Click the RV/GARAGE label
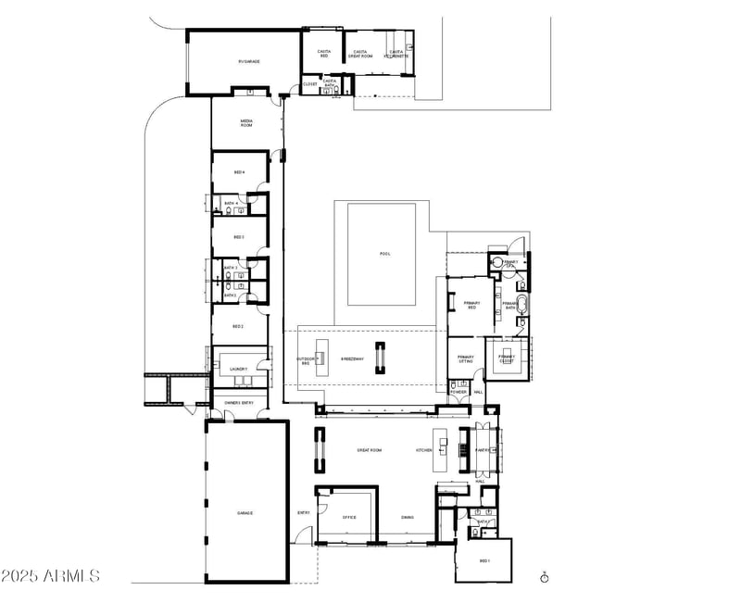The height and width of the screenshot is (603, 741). [x=248, y=61]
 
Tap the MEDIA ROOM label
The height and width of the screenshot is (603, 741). [x=247, y=121]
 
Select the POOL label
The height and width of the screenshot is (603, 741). [x=385, y=254]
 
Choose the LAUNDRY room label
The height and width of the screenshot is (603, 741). [x=238, y=370]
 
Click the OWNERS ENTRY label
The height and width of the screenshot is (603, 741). [x=239, y=402]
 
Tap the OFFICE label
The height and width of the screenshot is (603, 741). [x=349, y=518]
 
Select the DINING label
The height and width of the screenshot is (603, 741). [x=408, y=518]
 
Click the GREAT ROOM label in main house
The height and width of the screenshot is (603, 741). [x=370, y=450]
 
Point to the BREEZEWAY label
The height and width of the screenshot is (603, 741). [x=352, y=358]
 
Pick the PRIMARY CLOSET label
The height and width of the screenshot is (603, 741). [x=507, y=358]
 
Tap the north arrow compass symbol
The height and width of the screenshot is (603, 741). [x=546, y=576]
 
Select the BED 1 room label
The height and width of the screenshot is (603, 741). [x=484, y=561]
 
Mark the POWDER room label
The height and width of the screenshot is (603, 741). [x=458, y=392]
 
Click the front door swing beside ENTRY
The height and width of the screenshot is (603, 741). [x=303, y=534]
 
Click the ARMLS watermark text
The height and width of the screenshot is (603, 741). [x=51, y=576]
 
